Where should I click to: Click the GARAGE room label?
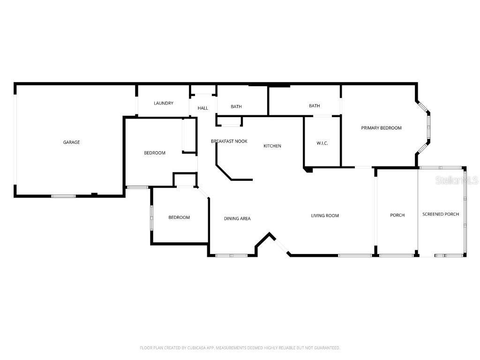click(72, 142)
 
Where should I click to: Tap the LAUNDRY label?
click(164, 104)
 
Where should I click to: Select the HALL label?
click(202, 108)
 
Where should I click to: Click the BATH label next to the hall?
click(236, 107)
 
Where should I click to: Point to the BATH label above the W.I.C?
click(314, 106)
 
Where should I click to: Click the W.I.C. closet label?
click(322, 143)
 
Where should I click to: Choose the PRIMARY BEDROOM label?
click(381, 128)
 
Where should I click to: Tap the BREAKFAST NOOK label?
click(229, 141)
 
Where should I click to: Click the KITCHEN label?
click(272, 146)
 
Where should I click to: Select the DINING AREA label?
click(237, 218)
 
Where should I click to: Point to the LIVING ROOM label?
click(325, 216)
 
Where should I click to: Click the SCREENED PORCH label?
click(441, 214)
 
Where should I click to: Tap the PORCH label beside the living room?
click(397, 215)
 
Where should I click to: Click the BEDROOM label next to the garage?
click(154, 153)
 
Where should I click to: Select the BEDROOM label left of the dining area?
click(179, 217)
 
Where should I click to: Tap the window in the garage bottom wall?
click(63, 196)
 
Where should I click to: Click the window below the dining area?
click(231, 255)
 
